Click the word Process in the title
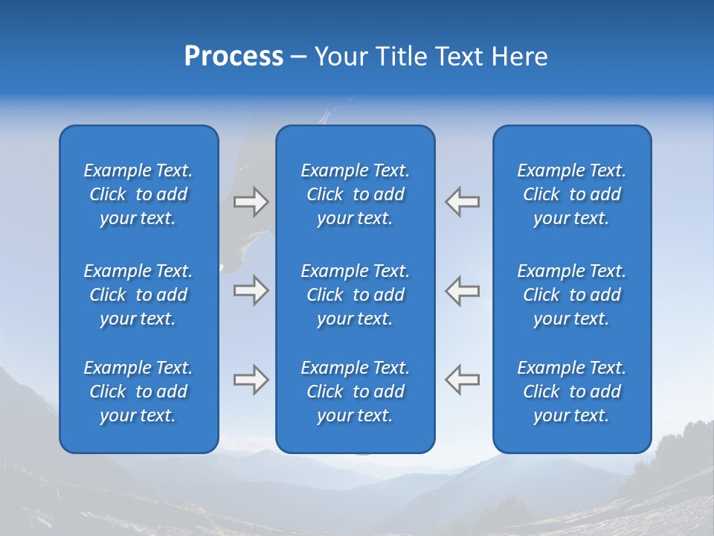234,57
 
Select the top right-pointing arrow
251,202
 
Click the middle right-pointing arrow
251,290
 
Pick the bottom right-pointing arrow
251,380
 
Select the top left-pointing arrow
463,202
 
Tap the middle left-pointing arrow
463,290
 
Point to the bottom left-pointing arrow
463,380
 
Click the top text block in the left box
138,194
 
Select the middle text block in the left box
138,295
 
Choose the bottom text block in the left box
138,392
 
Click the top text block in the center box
356,194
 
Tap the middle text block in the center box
356,295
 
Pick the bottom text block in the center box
356,392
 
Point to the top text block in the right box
572,194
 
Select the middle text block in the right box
572,295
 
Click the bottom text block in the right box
572,392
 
